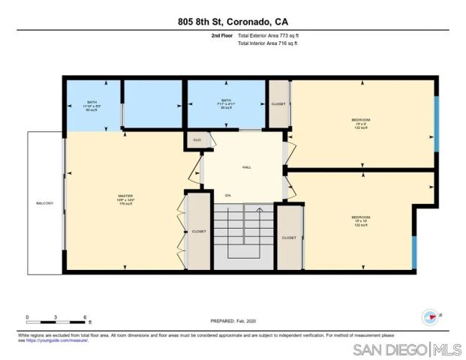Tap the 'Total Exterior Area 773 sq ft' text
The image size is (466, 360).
click(273, 35)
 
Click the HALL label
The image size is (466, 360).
click(245, 167)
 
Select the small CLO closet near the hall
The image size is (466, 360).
click(197, 140)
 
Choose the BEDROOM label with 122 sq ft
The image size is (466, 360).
click(361, 220)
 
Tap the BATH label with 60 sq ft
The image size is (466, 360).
click(92, 104)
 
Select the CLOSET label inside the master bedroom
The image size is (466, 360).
click(199, 232)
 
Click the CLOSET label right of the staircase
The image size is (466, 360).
click(289, 238)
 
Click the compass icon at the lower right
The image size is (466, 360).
click(430, 316)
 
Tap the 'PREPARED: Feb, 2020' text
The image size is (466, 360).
click(233, 320)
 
